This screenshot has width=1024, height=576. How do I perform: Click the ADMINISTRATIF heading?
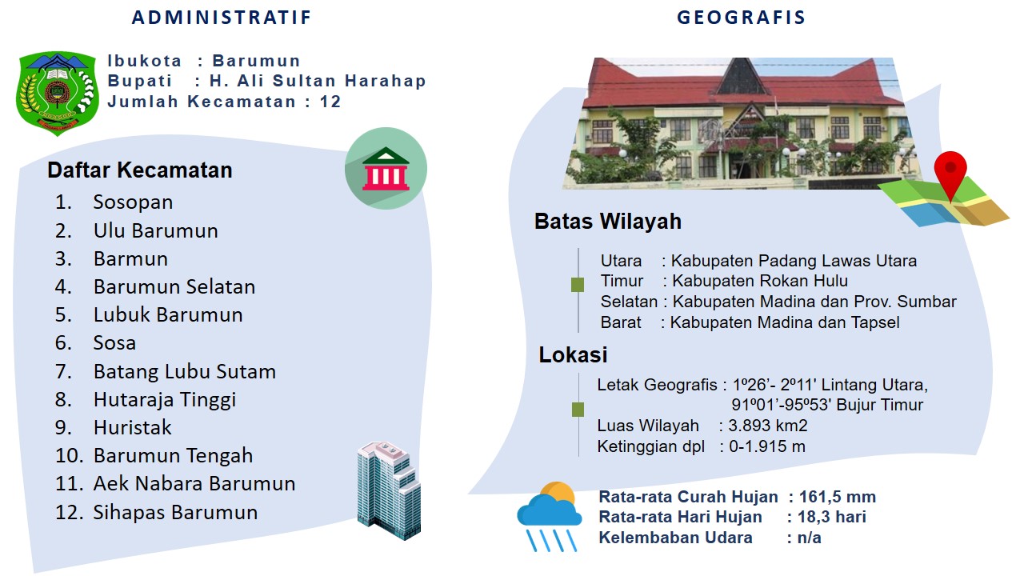[x=222, y=18]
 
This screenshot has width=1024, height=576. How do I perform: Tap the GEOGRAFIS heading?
[x=741, y=18]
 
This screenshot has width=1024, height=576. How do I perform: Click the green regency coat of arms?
[x=57, y=93]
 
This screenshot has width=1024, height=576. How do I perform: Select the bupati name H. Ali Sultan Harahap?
[x=318, y=81]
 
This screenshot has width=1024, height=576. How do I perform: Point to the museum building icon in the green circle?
[x=386, y=169]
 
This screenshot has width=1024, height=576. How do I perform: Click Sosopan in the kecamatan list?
[x=133, y=202]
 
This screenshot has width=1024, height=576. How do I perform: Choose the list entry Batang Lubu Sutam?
[x=185, y=371]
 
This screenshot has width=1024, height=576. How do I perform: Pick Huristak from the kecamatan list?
[x=133, y=427]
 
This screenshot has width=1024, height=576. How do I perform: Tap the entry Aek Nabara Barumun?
[x=194, y=484]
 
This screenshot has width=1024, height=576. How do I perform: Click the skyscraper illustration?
[x=389, y=490]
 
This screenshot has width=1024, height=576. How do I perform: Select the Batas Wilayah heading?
[x=608, y=222]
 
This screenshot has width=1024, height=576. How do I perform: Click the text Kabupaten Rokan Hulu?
[x=760, y=281]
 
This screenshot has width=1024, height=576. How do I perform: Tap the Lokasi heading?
[x=574, y=354]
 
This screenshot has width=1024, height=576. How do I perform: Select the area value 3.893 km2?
[x=768, y=426]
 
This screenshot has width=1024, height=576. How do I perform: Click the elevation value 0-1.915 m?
[x=767, y=446]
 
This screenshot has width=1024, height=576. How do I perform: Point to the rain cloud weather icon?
[x=550, y=516]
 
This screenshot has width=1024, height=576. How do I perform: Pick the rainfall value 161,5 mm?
[x=838, y=497]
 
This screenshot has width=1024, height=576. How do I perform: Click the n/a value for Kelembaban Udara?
[x=809, y=538]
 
